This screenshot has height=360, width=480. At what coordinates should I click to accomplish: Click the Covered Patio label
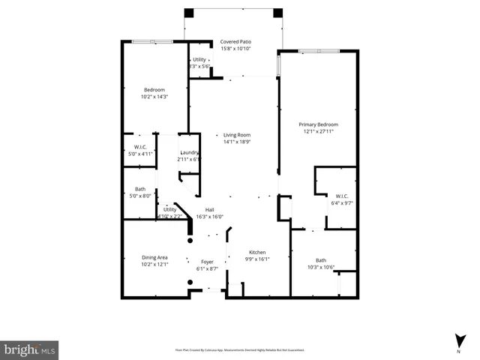[235, 42]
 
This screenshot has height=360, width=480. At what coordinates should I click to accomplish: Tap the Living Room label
[236, 135]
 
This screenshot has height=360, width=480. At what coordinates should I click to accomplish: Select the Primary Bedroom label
[319, 124]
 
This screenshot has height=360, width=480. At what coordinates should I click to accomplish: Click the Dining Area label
[154, 257]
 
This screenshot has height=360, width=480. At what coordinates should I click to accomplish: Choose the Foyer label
[207, 262]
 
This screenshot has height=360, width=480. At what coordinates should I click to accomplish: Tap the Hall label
[211, 210]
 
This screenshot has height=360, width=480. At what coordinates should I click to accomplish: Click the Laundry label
[189, 153]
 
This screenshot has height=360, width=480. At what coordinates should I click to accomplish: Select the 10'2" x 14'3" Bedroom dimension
[154, 96]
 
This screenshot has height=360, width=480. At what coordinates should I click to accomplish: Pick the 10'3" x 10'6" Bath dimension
[321, 267]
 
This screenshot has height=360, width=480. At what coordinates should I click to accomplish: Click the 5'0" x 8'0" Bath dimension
[140, 196]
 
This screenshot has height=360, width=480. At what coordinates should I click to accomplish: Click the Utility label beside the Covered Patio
[199, 59]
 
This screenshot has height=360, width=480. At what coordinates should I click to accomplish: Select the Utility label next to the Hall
[170, 210]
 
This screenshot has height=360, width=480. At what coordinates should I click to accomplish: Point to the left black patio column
[189, 13]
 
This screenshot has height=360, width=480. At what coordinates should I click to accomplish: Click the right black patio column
[278, 13]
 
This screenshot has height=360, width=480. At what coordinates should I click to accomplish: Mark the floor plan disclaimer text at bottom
[240, 349]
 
